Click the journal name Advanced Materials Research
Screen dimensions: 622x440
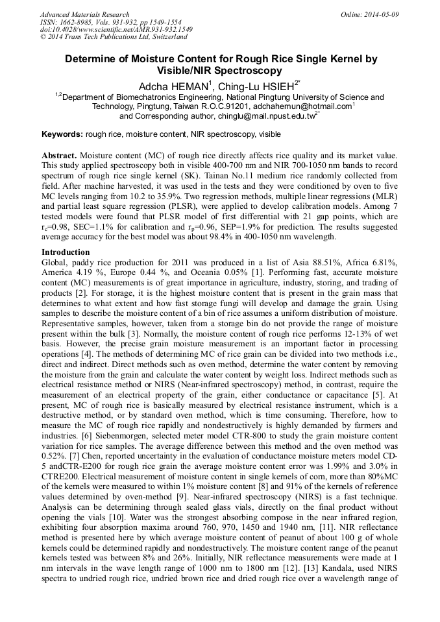[84, 14]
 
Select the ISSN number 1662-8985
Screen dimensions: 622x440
[77, 22]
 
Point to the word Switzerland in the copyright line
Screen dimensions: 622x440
[167, 38]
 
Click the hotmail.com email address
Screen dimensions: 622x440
[302, 106]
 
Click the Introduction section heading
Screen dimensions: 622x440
[66, 252]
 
